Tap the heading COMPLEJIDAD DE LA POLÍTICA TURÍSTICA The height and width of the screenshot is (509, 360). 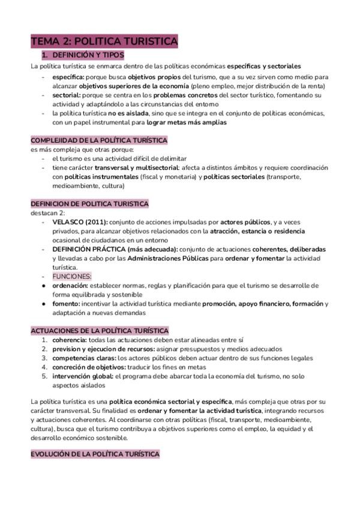click(99, 140)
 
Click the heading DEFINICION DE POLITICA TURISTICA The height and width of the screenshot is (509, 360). click(89, 204)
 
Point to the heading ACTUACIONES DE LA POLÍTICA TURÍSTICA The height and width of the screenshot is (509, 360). click(100, 331)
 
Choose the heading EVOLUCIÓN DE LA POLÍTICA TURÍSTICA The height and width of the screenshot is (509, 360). click(95, 454)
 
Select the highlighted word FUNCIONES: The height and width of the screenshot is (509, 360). click(72, 276)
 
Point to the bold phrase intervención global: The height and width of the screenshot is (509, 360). click(82, 376)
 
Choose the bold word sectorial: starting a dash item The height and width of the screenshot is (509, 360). click(66, 95)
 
